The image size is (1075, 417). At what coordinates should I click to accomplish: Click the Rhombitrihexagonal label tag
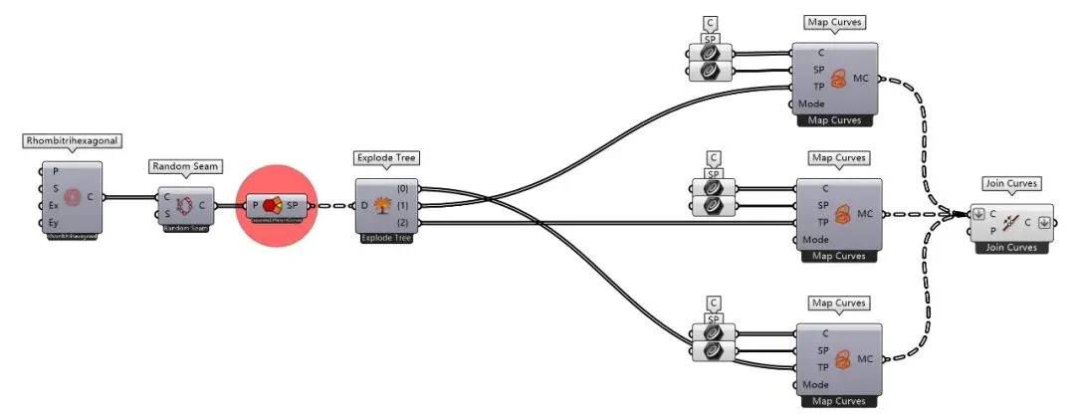tap(71, 141)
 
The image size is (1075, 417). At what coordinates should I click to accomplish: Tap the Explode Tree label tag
tap(386, 158)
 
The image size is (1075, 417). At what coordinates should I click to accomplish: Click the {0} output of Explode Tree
tap(403, 188)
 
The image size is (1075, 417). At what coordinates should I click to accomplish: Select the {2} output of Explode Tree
tap(403, 221)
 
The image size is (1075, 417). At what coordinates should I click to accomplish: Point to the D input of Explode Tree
tap(365, 205)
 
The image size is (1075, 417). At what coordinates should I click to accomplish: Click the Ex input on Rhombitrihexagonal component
tap(54, 205)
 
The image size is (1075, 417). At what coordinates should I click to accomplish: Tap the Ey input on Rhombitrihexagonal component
tap(54, 222)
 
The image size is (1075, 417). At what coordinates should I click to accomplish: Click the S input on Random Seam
tap(167, 213)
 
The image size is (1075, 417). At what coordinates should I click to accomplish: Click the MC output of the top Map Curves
tap(861, 78)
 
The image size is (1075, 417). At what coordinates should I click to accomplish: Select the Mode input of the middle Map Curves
tap(816, 239)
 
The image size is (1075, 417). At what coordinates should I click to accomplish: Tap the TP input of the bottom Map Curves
tap(822, 367)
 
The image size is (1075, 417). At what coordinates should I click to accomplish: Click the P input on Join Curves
tap(992, 230)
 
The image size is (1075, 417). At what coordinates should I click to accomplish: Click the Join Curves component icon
tap(1009, 221)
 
